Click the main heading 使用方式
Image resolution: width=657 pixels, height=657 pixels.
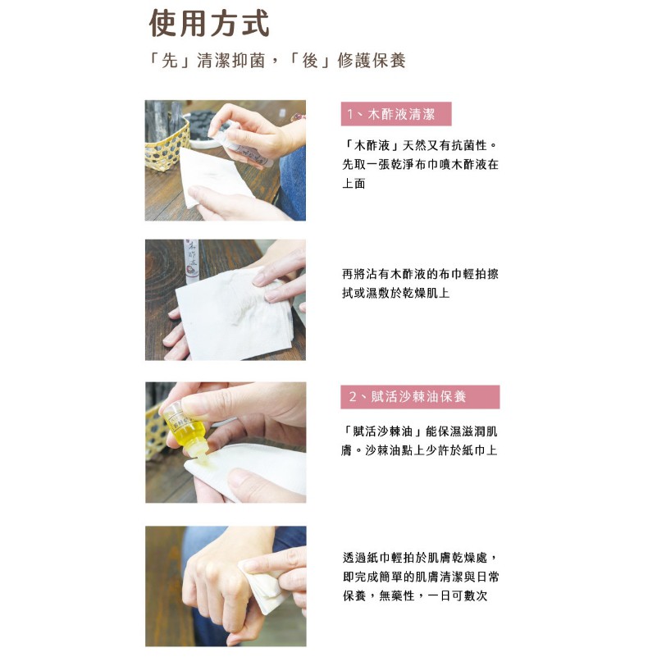[209, 24]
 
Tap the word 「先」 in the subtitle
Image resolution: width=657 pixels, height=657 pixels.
[170, 61]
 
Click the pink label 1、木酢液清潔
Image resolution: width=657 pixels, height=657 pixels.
[396, 114]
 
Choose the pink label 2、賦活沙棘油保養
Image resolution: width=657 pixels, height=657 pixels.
[420, 397]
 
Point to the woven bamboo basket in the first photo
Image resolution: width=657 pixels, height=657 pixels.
[167, 144]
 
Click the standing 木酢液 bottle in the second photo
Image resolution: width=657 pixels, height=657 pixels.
[191, 261]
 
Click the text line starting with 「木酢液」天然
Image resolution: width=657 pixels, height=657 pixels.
[420, 146]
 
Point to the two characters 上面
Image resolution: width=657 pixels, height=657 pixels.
[354, 184]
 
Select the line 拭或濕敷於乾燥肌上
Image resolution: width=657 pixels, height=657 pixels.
[396, 293]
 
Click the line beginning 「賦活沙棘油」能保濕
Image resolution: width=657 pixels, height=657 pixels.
[420, 431]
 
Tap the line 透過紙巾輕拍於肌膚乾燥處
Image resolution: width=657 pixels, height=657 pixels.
[420, 558]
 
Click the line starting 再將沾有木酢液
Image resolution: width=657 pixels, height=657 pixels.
[420, 274]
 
